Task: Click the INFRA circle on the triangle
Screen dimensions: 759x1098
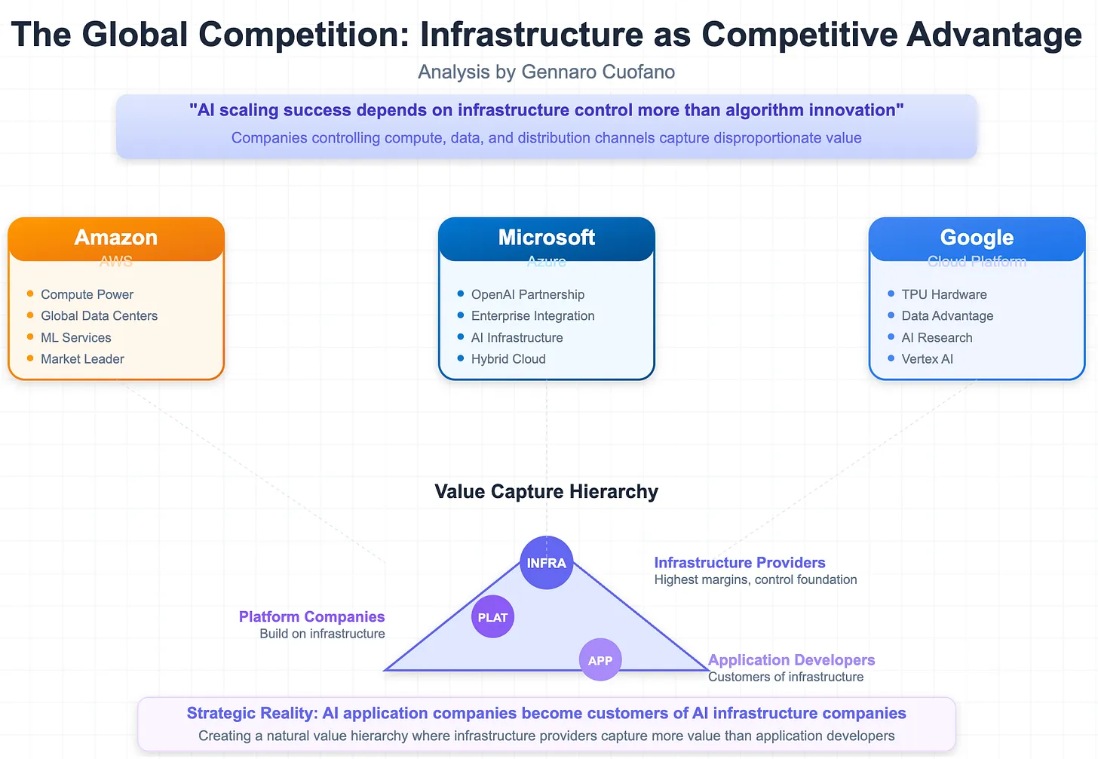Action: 546,563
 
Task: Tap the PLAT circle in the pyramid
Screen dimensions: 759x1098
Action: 492,617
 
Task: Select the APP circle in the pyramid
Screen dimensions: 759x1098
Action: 600,660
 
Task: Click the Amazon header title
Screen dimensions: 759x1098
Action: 116,238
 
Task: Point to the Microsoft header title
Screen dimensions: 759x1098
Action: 546,238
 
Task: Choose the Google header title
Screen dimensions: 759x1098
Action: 977,238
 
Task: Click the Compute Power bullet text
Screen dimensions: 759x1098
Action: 87,294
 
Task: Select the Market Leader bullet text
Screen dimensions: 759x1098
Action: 82,359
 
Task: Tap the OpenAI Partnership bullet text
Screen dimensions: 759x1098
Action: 527,294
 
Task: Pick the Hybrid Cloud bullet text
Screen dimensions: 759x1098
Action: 508,359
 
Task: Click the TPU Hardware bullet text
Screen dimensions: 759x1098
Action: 943,294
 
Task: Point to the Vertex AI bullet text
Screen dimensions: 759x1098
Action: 927,359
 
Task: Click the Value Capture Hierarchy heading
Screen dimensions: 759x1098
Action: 546,492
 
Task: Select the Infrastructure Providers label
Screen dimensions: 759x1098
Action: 739,563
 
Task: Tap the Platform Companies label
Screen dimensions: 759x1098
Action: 311,617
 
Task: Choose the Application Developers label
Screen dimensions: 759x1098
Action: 791,660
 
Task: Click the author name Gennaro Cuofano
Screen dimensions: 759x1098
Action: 597,72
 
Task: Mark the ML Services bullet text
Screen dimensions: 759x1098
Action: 75,338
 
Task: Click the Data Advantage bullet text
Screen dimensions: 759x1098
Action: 947,316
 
